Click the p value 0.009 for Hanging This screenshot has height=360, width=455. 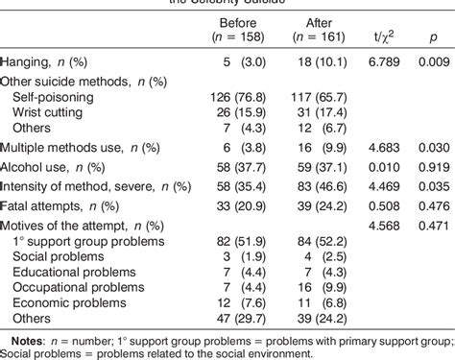[427, 60]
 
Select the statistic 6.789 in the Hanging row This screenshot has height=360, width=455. [374, 60]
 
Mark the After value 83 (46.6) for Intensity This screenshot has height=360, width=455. [314, 184]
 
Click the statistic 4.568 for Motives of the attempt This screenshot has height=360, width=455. [374, 224]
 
